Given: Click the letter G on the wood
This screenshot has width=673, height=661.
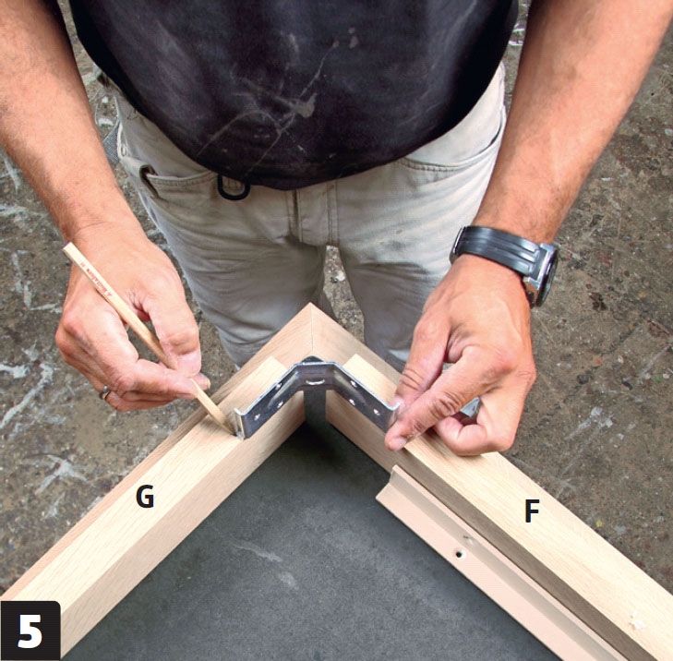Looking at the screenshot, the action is (145, 496).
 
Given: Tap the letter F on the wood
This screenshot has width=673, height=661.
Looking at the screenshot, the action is (532, 511).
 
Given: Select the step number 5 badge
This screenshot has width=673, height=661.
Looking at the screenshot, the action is (30, 631).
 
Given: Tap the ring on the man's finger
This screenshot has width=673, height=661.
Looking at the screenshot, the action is (105, 392).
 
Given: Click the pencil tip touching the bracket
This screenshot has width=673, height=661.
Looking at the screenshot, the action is (235, 435).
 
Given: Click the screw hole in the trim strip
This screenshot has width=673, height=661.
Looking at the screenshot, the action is (459, 553).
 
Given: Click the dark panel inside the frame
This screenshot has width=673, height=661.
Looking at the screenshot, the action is (300, 558).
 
